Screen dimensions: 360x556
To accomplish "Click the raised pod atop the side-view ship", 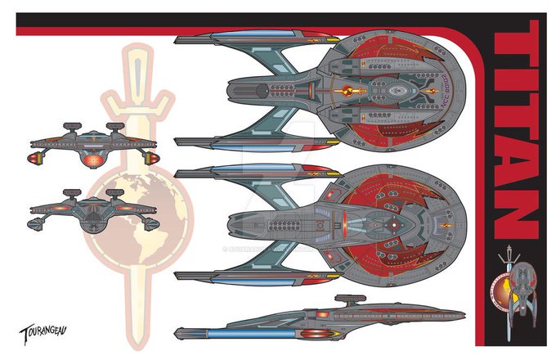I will point(356,290).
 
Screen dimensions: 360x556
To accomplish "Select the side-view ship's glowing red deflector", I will point(325,315).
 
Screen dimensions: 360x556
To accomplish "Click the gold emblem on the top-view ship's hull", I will point(347,88).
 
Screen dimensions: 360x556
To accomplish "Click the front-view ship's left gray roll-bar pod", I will point(74,124).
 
